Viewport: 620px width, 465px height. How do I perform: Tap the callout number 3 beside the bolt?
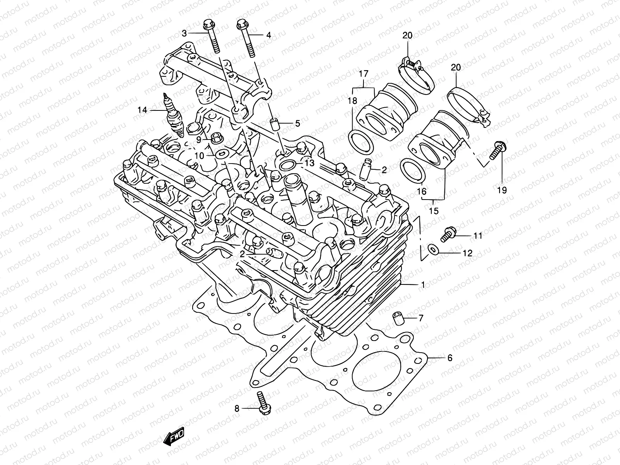click(x=184, y=34)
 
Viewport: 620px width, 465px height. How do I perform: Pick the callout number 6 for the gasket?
click(x=449, y=358)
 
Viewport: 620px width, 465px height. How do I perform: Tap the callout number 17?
click(x=363, y=73)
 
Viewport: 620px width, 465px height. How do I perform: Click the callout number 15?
click(x=434, y=211)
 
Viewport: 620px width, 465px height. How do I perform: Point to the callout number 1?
click(x=422, y=284)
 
